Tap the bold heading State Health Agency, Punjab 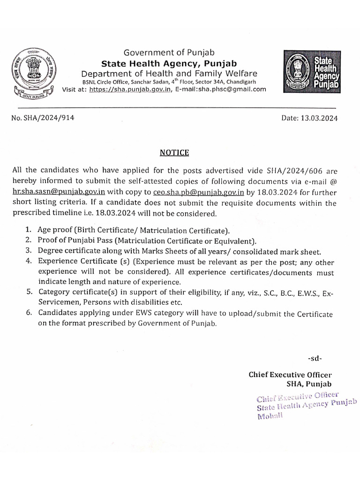click(x=169, y=63)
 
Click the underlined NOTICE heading click(x=174, y=152)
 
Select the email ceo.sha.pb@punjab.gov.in click(x=202, y=191)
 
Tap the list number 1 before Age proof click(x=29, y=230)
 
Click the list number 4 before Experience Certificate click(x=29, y=261)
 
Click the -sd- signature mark click(x=315, y=359)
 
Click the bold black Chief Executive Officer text click(x=290, y=374)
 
